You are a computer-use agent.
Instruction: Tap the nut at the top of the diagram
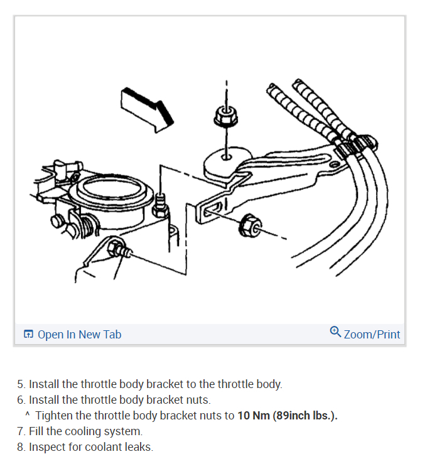point(225,116)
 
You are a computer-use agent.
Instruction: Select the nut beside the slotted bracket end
point(250,224)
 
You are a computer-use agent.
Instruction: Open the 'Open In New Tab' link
point(79,334)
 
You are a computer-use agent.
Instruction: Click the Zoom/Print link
point(372,334)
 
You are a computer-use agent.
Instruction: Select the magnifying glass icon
point(335,332)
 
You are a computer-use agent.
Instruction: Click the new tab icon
point(28,335)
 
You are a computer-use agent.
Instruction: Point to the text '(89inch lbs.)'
point(305,416)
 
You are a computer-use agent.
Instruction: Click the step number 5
point(21,384)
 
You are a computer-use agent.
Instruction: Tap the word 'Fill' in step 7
point(36,431)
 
